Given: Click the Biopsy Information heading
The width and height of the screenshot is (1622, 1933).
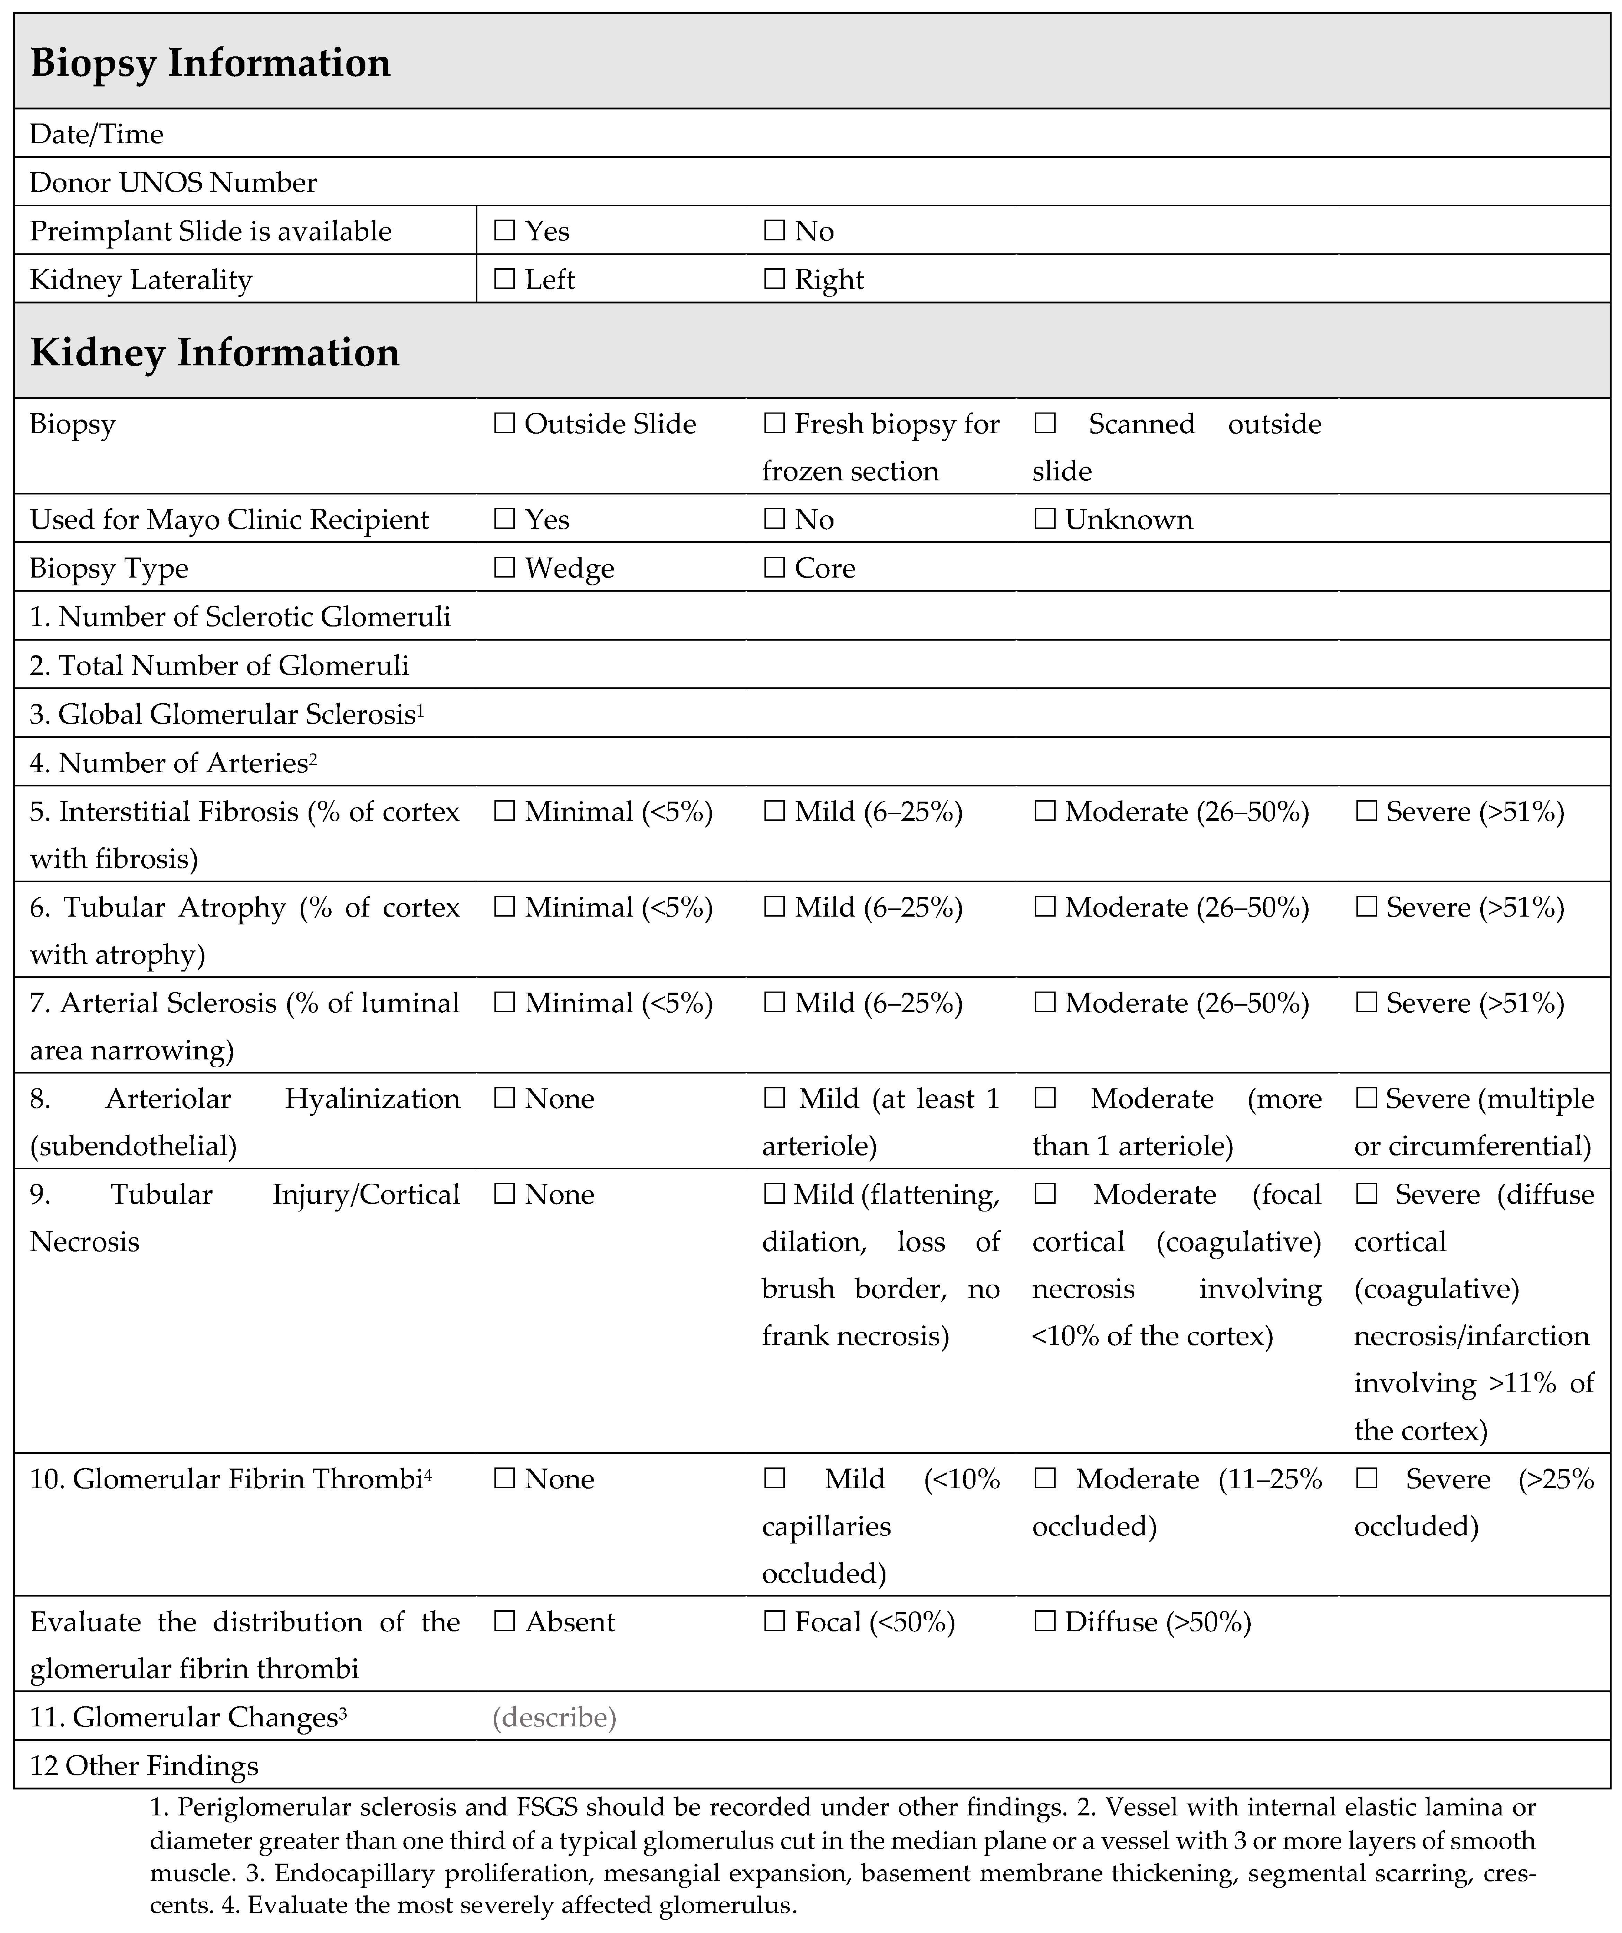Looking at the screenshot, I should pyautogui.click(x=211, y=63).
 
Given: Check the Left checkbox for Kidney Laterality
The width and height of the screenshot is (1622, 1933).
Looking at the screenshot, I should pyautogui.click(x=504, y=279).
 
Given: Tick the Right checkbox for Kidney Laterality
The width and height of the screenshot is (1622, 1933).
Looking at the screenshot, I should pyautogui.click(x=774, y=279).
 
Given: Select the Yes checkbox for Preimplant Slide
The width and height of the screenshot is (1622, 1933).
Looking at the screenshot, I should pyautogui.click(x=504, y=230).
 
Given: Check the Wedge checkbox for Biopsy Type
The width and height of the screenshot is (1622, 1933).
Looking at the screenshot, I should pyautogui.click(x=504, y=567).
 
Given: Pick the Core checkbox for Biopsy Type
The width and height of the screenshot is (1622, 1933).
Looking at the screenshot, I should pyautogui.click(x=774, y=567).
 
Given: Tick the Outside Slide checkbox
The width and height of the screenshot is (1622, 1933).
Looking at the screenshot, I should pyautogui.click(x=504, y=423).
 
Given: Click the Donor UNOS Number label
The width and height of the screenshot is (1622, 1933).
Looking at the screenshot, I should pyautogui.click(x=173, y=182).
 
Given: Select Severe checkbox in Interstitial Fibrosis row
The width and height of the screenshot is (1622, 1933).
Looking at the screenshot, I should pyautogui.click(x=1366, y=811).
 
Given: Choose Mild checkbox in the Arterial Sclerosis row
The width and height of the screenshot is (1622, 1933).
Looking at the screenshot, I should pyautogui.click(x=774, y=1002).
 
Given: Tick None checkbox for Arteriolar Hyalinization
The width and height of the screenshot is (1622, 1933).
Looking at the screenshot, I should pyautogui.click(x=504, y=1098).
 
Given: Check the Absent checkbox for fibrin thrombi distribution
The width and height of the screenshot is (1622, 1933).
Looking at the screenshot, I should pyautogui.click(x=504, y=1621).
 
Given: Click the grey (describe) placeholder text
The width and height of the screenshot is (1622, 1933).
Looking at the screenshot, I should pyautogui.click(x=554, y=1717).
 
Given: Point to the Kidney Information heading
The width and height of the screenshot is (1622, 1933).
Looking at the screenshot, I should pyautogui.click(x=214, y=352).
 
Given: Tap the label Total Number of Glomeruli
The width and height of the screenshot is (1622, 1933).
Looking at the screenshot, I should pyautogui.click(x=219, y=665).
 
